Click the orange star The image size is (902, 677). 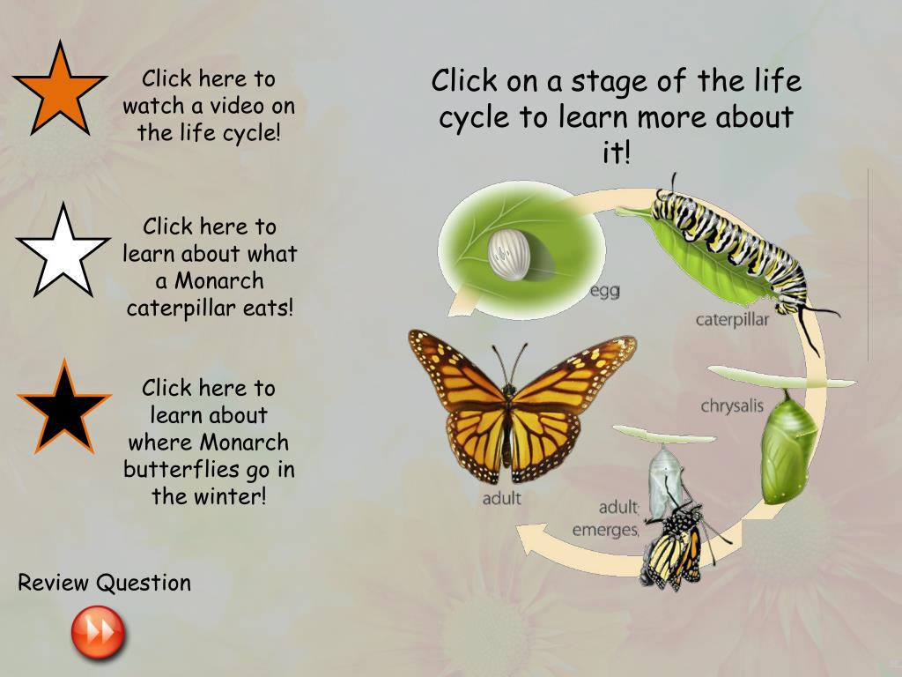(x=59, y=91)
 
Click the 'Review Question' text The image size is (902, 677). (x=105, y=583)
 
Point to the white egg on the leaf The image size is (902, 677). (x=506, y=251)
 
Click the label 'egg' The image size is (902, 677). (x=604, y=290)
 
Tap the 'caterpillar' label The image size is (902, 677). (x=732, y=319)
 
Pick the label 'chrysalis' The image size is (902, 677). (x=732, y=405)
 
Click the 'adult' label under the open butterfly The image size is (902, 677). (x=501, y=498)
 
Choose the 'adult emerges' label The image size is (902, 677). (x=606, y=518)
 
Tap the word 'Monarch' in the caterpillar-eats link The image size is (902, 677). (x=218, y=281)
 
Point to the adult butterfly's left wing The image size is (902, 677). (x=457, y=388)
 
